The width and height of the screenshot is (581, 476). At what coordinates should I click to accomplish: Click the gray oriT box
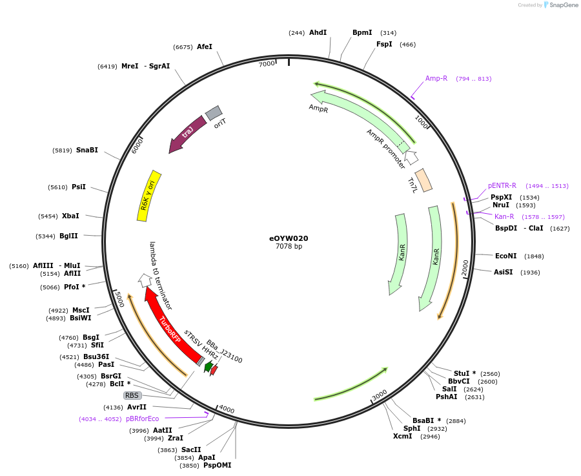pyautogui.click(x=214, y=114)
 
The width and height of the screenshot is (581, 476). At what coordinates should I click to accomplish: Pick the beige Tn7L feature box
pyautogui.click(x=423, y=180)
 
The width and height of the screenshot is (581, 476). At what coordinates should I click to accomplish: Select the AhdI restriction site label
pyautogui.click(x=318, y=32)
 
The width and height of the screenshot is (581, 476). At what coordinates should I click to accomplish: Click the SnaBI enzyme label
pyautogui.click(x=87, y=150)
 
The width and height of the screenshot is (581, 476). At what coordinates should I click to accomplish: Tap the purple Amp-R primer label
pyautogui.click(x=436, y=79)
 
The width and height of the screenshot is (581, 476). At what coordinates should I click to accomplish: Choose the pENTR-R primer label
pyautogui.click(x=502, y=186)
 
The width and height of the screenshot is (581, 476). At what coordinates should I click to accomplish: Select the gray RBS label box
pyautogui.click(x=132, y=395)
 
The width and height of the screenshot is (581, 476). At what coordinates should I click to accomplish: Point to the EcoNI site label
pyautogui.click(x=506, y=256)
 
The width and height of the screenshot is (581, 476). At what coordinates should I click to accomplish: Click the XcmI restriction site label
pyautogui.click(x=402, y=436)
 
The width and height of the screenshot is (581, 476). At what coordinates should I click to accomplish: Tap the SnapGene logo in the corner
pyautogui.click(x=561, y=5)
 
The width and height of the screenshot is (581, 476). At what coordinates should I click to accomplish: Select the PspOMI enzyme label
pyautogui.click(x=217, y=465)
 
